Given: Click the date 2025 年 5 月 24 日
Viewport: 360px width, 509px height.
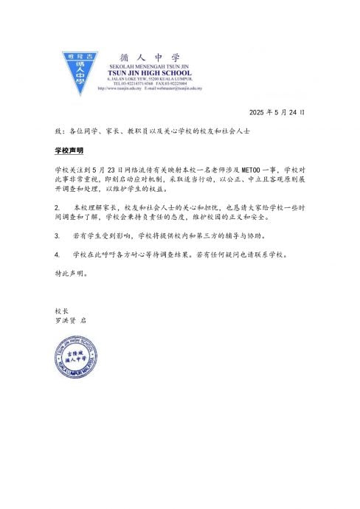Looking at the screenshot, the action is [x=277, y=113].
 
